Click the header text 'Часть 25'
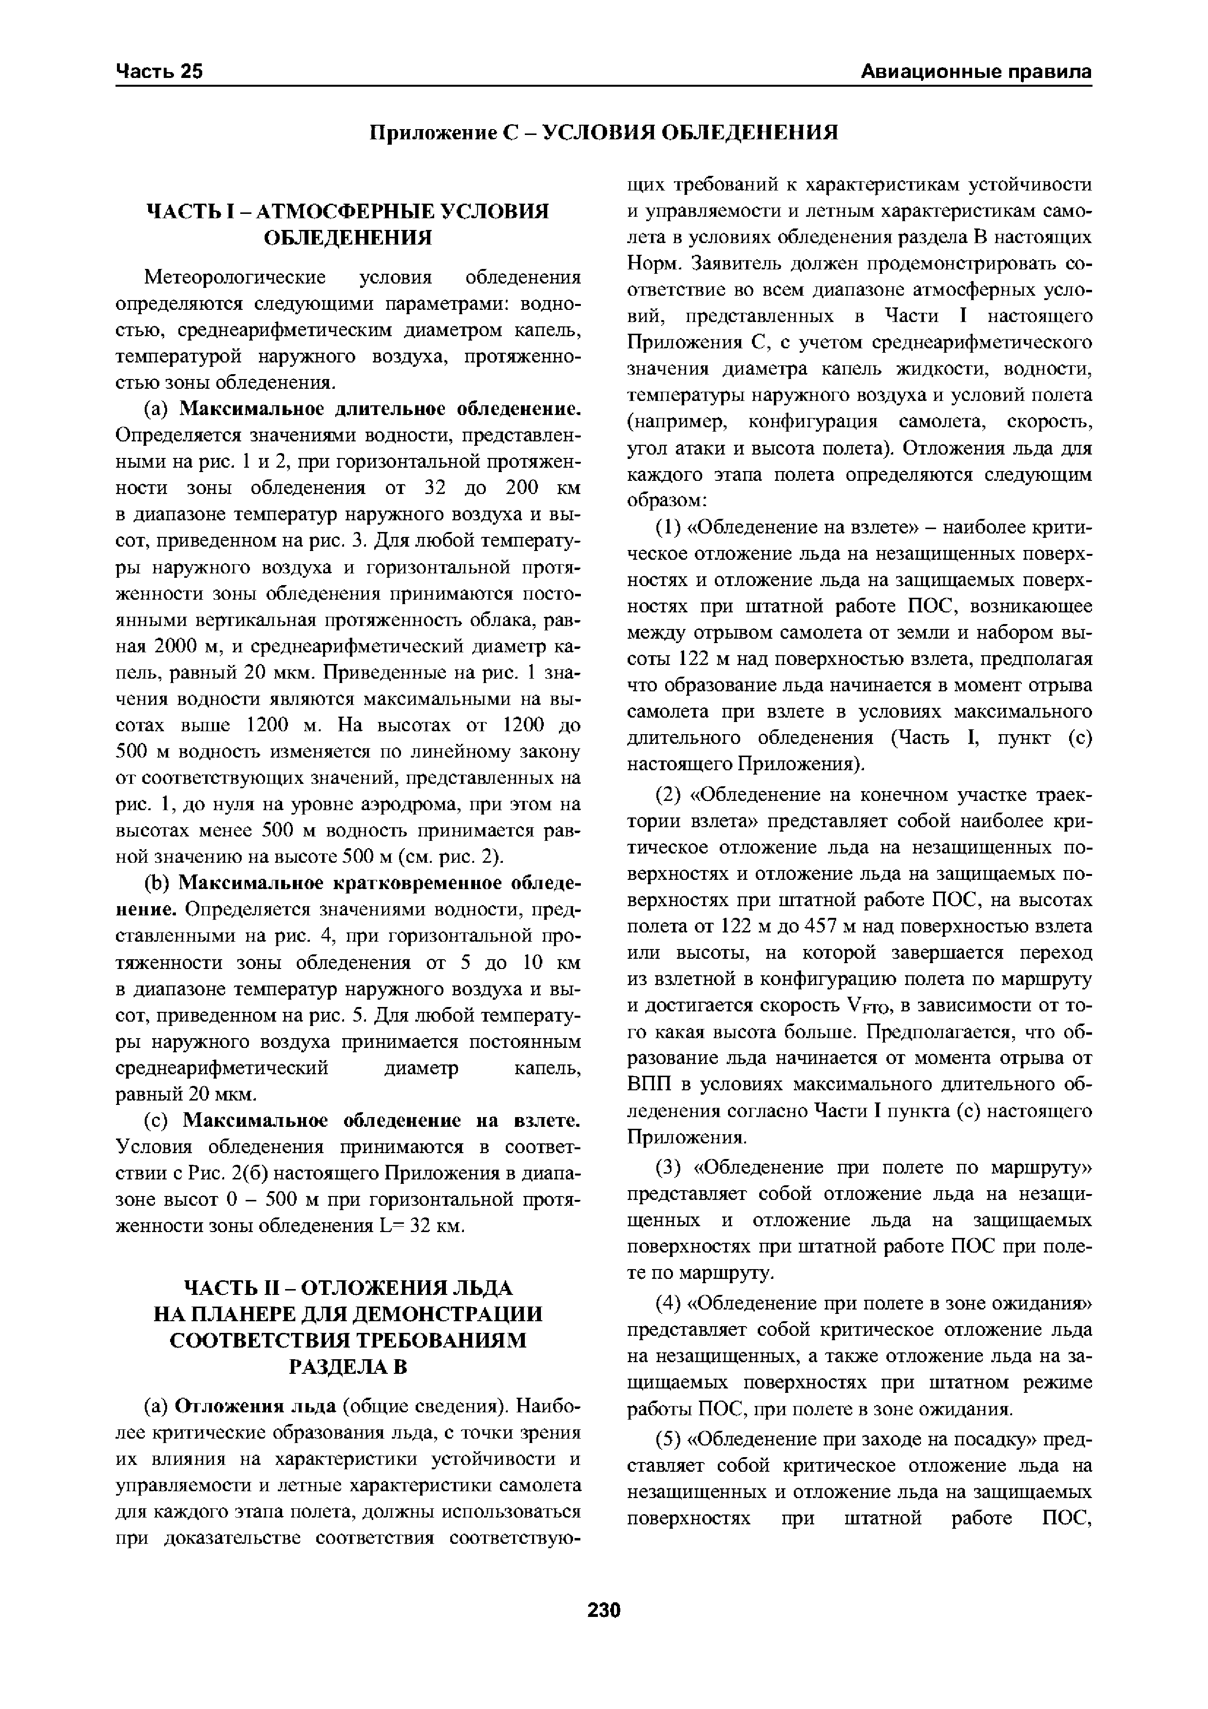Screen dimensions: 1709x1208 coord(159,72)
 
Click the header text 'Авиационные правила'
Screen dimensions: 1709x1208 coord(976,72)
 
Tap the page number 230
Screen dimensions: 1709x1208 coord(604,1610)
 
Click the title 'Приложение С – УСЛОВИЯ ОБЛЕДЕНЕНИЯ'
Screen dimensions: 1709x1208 coord(604,133)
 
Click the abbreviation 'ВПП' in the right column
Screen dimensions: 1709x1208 coord(649,1084)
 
